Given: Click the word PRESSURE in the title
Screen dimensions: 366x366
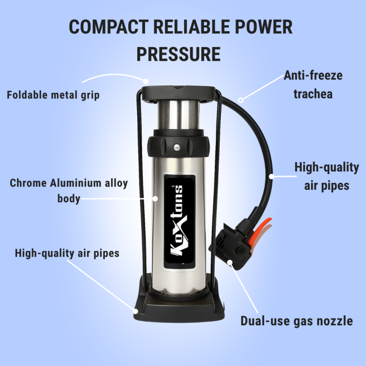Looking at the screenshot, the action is (178, 54).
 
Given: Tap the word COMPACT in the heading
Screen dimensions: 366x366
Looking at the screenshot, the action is (109, 27).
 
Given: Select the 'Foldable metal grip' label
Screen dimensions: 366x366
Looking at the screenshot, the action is (53, 95).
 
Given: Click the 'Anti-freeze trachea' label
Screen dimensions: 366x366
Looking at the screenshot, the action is (313, 85).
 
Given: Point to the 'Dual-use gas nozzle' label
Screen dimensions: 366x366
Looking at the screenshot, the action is (296, 321).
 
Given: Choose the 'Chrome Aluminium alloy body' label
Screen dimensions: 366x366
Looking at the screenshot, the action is (69, 190).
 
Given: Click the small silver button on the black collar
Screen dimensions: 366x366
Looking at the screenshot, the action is (177, 147).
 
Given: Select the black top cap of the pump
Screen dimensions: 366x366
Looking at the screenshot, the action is (178, 93).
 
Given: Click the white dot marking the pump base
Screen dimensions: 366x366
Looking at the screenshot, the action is (135, 311).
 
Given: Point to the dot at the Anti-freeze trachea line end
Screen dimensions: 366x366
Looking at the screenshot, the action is (241, 100).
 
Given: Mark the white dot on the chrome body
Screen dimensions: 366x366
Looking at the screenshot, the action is (155, 199).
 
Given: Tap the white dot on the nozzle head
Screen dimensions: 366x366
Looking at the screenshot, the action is (230, 263).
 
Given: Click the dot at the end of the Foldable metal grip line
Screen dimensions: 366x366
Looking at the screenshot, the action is (146, 81).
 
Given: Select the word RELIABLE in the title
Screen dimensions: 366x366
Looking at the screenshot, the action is (192, 27).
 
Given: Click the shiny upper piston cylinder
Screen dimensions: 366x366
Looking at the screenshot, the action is (178, 115).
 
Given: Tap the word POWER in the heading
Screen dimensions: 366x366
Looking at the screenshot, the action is (264, 27).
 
